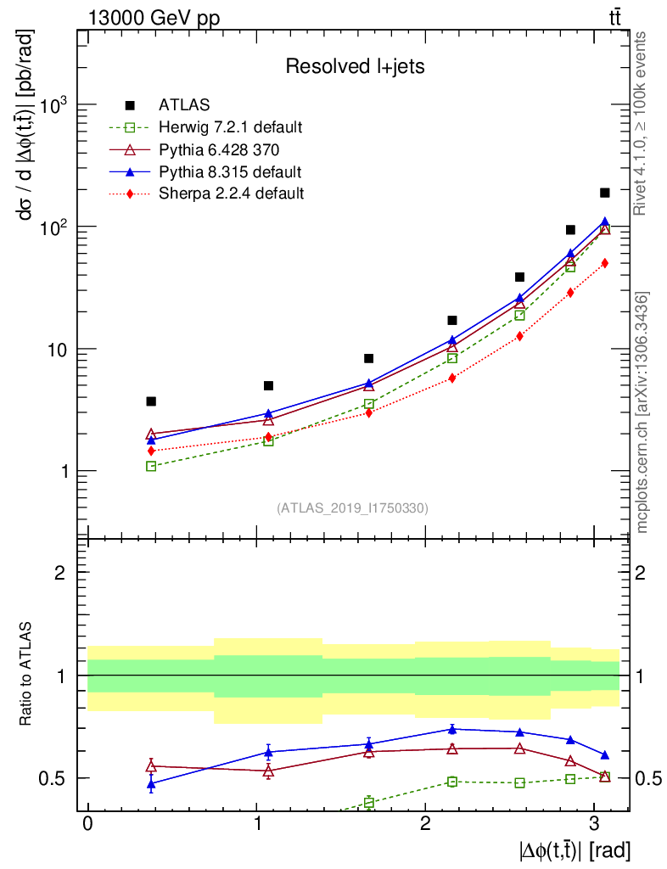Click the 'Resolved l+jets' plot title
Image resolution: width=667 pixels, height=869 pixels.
tap(354, 67)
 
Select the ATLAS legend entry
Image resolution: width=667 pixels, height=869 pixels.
tap(180, 106)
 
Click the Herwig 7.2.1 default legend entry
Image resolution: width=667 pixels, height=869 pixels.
tap(231, 128)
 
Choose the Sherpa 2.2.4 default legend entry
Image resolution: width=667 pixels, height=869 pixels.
tap(231, 193)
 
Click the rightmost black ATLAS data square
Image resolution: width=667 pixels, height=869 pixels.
tap(605, 193)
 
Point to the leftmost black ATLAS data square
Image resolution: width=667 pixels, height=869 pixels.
tap(151, 401)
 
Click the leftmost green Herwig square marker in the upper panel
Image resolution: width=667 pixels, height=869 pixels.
tap(151, 466)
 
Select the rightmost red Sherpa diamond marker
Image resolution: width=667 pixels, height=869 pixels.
tap(605, 263)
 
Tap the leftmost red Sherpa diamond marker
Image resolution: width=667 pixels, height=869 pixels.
tap(151, 451)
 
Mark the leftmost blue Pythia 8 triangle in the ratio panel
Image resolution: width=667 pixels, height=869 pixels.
tap(151, 784)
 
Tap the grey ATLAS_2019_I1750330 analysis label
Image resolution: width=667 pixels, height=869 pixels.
tap(352, 508)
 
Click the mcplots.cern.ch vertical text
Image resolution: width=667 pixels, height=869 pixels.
tap(642, 412)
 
